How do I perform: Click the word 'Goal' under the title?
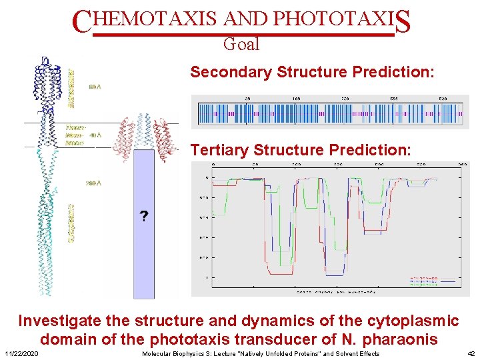pyautogui.click(x=241, y=45)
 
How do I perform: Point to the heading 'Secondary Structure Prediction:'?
pyautogui.click(x=313, y=72)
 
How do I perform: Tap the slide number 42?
pyautogui.click(x=471, y=353)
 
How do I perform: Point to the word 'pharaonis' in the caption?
pyautogui.click(x=403, y=339)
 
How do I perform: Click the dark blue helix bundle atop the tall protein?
pyautogui.click(x=45, y=83)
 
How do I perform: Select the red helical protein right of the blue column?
pyautogui.click(x=166, y=140)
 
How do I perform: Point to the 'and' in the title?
pyautogui.click(x=247, y=20)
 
